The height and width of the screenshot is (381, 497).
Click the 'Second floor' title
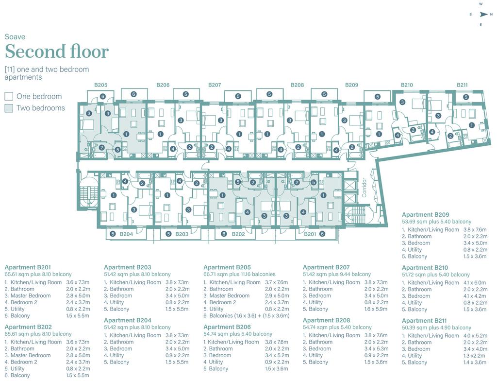tap(57, 52)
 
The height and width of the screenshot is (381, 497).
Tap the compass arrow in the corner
tap(483, 14)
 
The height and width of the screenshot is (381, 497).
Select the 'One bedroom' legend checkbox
tap(9, 96)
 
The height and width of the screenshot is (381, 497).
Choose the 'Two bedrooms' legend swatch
tap(9, 108)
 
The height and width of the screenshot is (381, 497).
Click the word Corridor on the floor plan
tap(364, 187)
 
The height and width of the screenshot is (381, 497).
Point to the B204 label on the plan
tap(126, 234)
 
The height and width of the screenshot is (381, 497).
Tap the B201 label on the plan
tap(310, 234)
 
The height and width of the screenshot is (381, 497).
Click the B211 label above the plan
tap(462, 85)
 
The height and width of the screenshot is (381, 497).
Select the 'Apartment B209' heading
tap(425, 215)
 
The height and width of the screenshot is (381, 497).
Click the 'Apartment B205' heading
tap(227, 267)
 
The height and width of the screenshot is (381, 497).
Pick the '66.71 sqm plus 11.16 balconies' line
tap(239, 274)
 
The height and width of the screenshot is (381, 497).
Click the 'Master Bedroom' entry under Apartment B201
tap(31, 295)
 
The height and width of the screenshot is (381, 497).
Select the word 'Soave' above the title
tap(15, 37)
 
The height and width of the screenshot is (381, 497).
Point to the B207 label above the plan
tap(215, 85)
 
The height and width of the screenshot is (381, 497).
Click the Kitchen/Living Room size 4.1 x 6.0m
tap(475, 282)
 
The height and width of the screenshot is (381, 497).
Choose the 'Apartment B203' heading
tap(128, 267)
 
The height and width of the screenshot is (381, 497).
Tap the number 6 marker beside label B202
tap(224, 234)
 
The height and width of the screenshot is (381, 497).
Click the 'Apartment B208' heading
tap(326, 320)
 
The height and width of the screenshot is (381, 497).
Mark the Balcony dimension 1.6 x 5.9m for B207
tap(376, 309)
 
